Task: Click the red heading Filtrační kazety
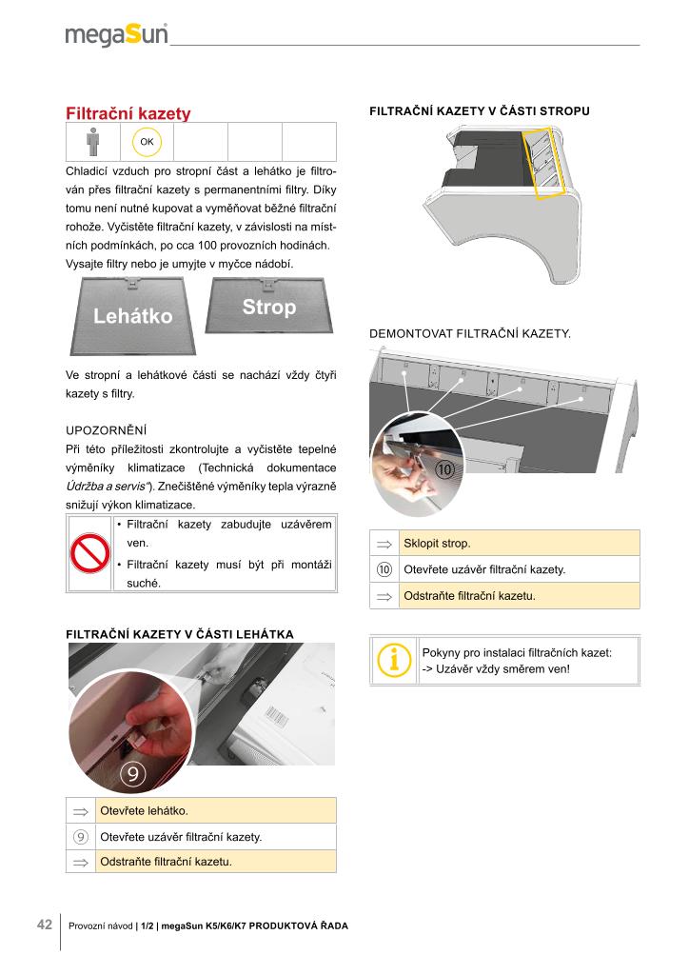click(128, 114)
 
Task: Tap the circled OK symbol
click(148, 142)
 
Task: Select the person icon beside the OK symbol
click(92, 142)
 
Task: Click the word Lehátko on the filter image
click(133, 316)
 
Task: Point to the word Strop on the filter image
click(268, 307)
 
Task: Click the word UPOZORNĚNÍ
click(106, 429)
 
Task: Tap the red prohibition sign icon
click(89, 555)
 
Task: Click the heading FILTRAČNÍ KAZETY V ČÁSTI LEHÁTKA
click(180, 633)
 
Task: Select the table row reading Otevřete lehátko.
click(216, 810)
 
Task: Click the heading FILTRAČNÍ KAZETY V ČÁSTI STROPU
click(479, 111)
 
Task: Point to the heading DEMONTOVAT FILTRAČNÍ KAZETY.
click(469, 334)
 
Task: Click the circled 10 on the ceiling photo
click(443, 468)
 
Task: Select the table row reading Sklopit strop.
click(520, 544)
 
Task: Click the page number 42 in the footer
click(44, 925)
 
